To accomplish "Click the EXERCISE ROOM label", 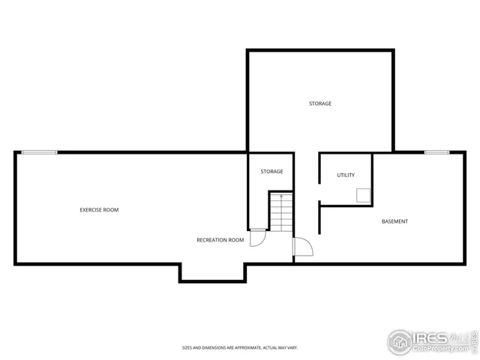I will (x=99, y=210).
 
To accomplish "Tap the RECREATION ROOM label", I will (x=220, y=240).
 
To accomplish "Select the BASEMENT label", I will (x=394, y=221).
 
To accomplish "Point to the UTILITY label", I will (x=346, y=175).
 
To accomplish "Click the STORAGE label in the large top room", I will (x=320, y=103).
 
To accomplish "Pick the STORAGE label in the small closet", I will (x=271, y=172).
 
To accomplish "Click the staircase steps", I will (x=280, y=214).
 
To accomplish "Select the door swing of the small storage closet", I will (x=257, y=237).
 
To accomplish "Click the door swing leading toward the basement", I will (x=303, y=247).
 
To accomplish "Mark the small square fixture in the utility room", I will (x=364, y=196).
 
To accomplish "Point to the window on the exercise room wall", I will (x=39, y=152).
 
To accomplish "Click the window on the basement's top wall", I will (x=436, y=152).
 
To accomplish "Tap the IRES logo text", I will (x=430, y=338).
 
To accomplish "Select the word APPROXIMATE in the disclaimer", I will (x=247, y=348).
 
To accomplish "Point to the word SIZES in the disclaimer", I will (x=187, y=348).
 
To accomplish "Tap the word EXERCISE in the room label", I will (x=89, y=210).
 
